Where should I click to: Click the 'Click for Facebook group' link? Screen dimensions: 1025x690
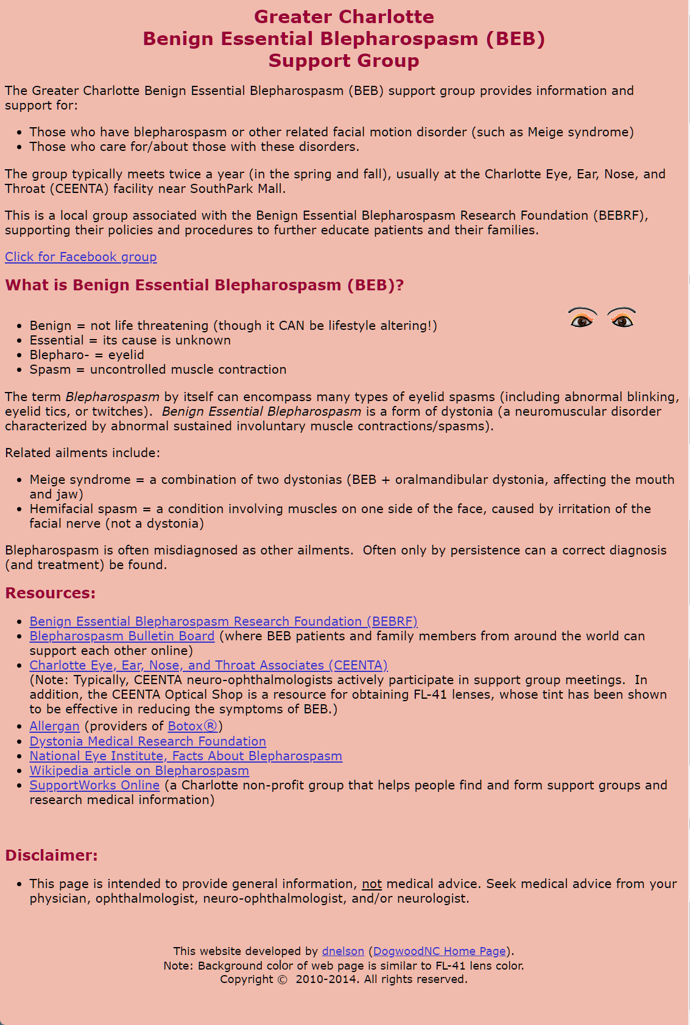[80, 257]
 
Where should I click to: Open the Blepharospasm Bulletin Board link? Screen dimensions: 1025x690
[122, 636]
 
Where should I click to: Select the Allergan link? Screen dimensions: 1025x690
[54, 726]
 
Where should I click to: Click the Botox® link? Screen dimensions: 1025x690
[192, 726]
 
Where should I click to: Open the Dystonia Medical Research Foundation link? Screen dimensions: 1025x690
[147, 741]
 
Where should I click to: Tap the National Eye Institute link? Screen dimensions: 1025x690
[186, 756]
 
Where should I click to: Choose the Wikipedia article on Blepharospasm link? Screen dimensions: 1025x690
[139, 771]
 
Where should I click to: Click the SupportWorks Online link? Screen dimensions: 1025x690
[94, 785]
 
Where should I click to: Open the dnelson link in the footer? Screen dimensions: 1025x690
[343, 951]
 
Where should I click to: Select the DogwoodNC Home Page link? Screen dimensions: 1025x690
[440, 951]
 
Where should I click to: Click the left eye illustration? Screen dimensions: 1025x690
[582, 318]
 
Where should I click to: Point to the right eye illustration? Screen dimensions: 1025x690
[621, 318]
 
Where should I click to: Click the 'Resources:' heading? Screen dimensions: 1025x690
[50, 593]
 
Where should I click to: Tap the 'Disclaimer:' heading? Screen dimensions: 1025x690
[51, 856]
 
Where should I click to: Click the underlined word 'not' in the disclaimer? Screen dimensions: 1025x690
[371, 884]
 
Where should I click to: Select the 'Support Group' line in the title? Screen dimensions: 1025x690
[344, 61]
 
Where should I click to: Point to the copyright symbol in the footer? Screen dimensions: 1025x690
[282, 979]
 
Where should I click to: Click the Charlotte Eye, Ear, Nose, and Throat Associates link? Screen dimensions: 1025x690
[208, 665]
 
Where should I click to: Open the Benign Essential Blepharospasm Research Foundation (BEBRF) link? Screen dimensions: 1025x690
[224, 621]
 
